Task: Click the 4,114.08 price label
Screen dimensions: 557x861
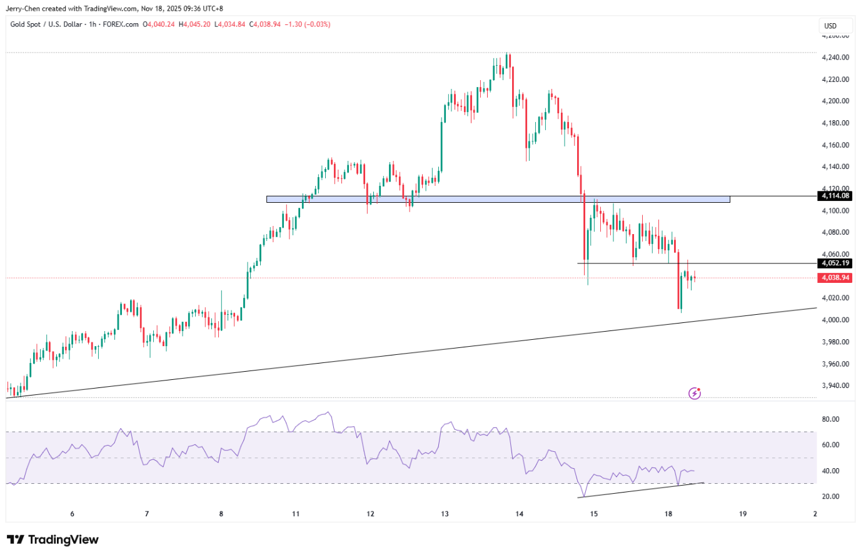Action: pos(835,196)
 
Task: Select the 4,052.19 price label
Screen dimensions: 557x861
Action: pos(835,263)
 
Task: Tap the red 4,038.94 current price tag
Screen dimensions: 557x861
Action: pos(835,278)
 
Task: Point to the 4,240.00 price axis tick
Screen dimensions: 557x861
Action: pos(835,58)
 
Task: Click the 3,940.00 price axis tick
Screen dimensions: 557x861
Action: pos(835,386)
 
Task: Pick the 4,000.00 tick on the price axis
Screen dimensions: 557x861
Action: pos(835,320)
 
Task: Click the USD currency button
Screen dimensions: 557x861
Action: pos(830,26)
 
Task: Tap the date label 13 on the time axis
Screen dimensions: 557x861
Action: pos(445,514)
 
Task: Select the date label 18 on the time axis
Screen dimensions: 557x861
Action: pos(668,514)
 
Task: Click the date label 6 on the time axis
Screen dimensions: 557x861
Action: pos(73,514)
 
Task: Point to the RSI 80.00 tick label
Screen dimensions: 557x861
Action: pos(830,419)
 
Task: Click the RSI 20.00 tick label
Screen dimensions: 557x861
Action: pos(830,497)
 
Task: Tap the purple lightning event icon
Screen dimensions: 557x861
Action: pos(695,393)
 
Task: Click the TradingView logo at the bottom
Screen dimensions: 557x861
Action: pos(53,539)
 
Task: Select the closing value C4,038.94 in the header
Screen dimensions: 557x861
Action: pos(264,24)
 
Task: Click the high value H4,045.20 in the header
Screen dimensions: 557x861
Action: pos(194,24)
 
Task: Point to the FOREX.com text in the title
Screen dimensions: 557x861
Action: pos(121,24)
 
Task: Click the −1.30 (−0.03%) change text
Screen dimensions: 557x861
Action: pos(308,24)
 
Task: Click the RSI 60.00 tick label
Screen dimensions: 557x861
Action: pos(830,445)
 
